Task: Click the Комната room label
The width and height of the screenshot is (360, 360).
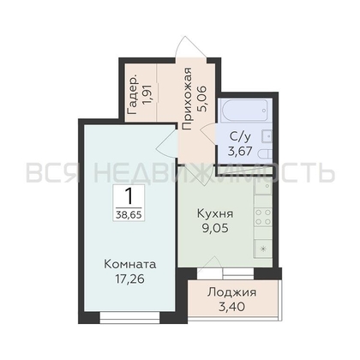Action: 130,264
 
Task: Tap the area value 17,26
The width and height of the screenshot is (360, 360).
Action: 130,279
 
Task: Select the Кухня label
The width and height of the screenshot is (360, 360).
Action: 215,213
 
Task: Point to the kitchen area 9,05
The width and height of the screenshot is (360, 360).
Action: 215,228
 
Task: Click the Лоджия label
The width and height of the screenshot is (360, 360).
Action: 231,292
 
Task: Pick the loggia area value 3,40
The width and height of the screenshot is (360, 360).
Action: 231,307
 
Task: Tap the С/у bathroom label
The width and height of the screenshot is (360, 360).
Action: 240,136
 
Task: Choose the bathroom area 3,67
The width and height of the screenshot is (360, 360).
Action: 240,151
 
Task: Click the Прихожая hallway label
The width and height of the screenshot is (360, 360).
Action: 187,99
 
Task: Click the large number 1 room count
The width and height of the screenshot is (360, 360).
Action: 129,196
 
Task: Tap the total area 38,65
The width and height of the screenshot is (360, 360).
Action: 129,214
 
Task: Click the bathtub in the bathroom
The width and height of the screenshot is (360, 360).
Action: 245,110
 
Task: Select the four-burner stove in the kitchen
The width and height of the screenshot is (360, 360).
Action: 263,217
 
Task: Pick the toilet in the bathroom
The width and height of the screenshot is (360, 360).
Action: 265,154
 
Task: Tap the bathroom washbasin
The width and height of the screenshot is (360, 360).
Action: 267,135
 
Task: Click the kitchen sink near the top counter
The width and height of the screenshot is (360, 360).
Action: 263,187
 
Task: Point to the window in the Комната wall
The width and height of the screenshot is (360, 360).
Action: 129,316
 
